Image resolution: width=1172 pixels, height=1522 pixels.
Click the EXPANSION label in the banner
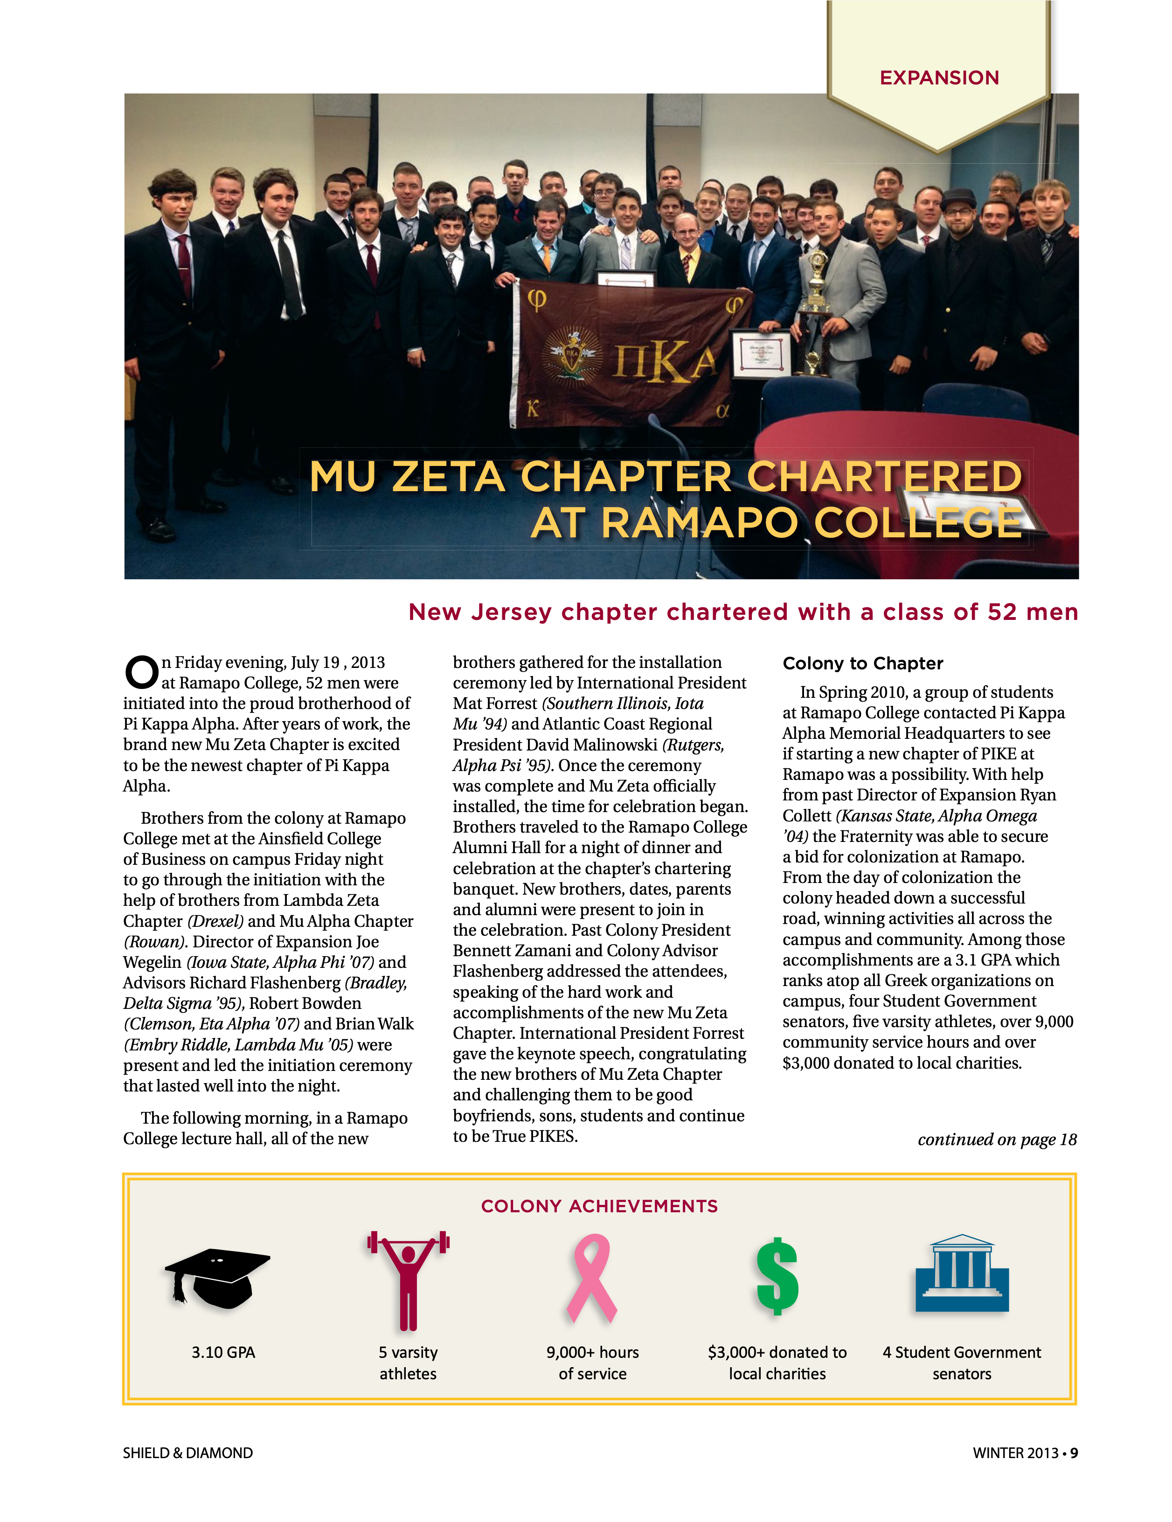(938, 77)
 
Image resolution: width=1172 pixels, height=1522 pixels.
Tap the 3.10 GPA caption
(223, 1352)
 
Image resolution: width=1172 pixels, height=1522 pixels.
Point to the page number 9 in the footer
(1074, 1453)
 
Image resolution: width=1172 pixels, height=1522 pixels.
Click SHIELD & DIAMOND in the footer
(187, 1453)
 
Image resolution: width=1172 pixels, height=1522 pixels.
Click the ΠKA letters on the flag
(664, 363)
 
